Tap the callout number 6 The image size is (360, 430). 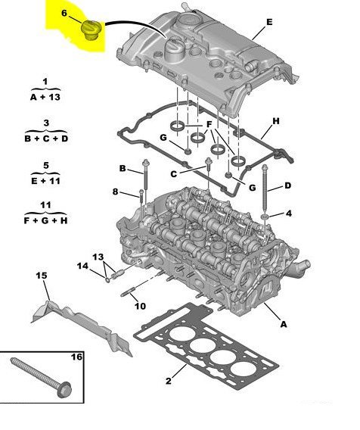coord(64,14)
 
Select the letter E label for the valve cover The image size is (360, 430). coord(268,23)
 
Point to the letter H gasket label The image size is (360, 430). coord(276,121)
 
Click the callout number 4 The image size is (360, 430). coord(289,215)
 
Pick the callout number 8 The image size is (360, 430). coord(115,192)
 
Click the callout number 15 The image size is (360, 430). coord(42,275)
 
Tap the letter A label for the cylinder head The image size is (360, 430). coord(284,324)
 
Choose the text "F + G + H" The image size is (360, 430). coord(45,220)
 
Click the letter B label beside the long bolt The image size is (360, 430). coord(122,167)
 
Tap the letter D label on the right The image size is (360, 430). coord(287,185)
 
